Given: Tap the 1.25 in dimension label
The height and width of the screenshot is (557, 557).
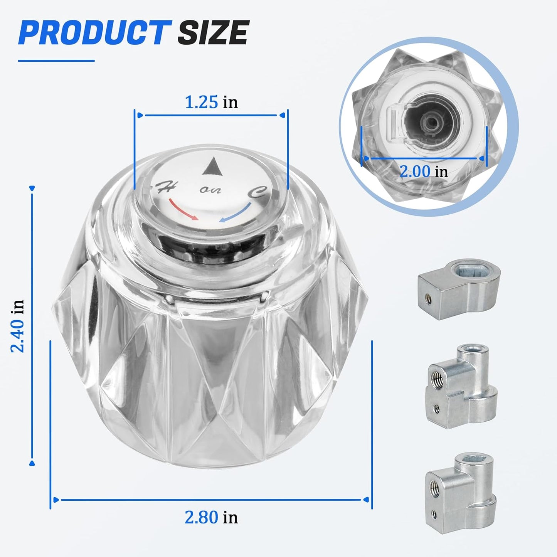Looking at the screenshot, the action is tap(211, 102).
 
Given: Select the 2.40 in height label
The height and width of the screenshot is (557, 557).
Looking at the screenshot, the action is tap(17, 326).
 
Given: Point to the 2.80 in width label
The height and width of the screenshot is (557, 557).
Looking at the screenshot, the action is tap(211, 517).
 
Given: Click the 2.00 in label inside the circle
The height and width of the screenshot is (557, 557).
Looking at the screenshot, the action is tap(424, 172).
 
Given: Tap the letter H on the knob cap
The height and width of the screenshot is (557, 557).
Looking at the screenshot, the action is tap(165, 188).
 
